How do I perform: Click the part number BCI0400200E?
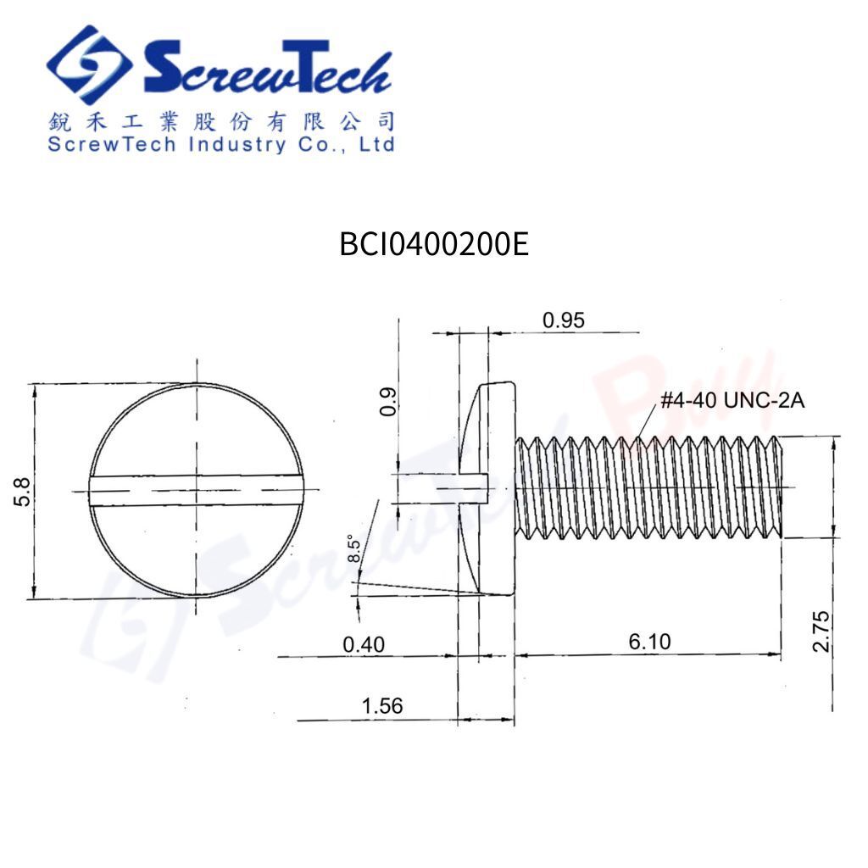434,245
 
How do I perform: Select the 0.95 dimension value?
564,320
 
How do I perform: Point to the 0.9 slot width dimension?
387,403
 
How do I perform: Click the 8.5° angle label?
355,550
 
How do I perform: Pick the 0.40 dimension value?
363,645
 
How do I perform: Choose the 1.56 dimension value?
381,706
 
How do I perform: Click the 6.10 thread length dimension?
649,643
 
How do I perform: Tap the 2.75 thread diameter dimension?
821,632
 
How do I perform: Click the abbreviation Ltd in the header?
377,144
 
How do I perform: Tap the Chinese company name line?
220,121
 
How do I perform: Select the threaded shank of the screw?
648,487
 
